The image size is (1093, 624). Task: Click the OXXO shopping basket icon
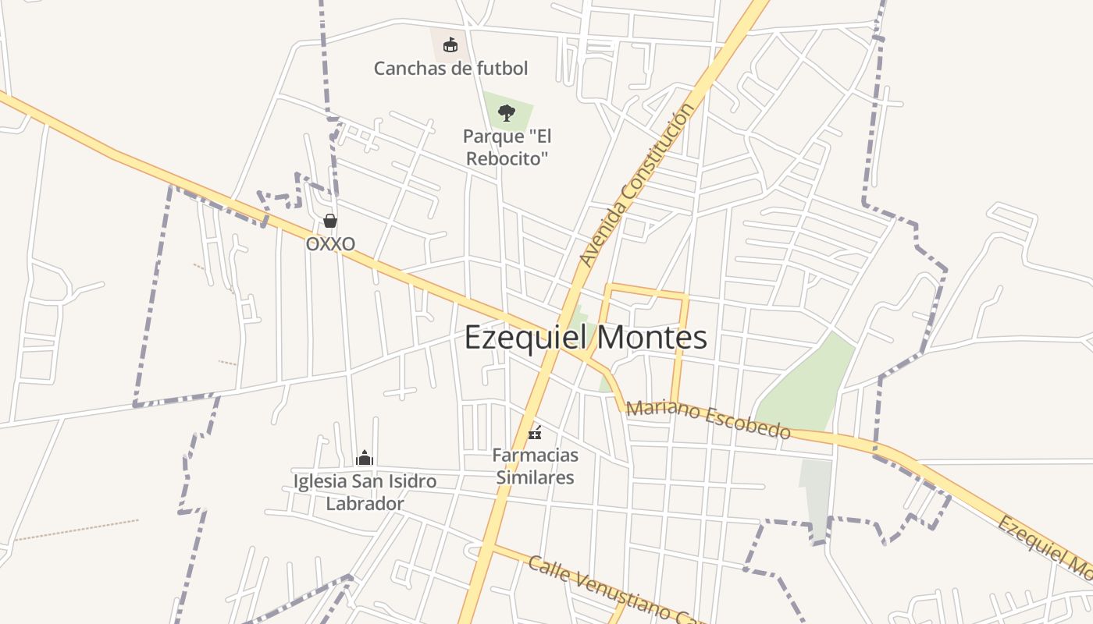pos(330,221)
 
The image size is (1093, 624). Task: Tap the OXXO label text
pos(330,244)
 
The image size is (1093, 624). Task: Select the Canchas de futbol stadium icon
pos(450,44)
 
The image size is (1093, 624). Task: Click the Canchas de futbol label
pos(450,69)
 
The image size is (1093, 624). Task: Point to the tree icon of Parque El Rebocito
pos(507,112)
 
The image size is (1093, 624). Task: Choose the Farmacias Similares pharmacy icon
pos(535,431)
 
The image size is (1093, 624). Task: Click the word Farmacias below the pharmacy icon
pos(535,455)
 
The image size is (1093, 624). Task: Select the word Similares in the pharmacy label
pos(535,477)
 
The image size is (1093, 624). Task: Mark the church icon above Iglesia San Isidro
pos(365,458)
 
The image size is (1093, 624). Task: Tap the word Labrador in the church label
pos(365,504)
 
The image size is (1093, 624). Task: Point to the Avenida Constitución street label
pos(637,184)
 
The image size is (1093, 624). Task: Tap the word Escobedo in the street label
pos(749,423)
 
